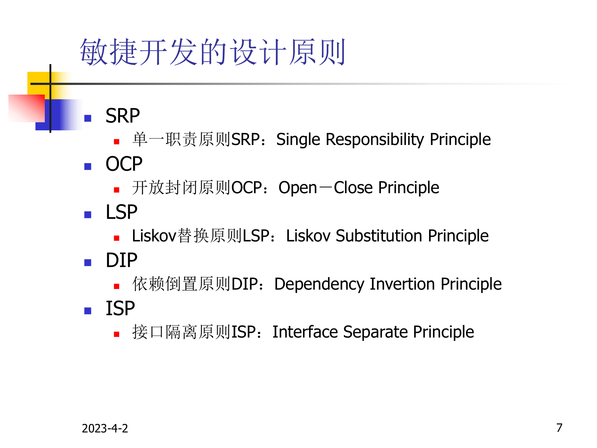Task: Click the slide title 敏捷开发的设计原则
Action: (212, 52)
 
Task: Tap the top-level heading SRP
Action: (123, 116)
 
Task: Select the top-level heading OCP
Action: (124, 164)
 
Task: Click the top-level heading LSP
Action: (121, 212)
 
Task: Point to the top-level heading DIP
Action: (121, 260)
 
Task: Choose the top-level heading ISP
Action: (120, 309)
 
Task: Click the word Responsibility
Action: (375, 139)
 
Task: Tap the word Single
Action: (298, 139)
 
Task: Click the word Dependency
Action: (319, 284)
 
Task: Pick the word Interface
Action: (305, 332)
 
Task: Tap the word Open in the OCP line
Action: (298, 188)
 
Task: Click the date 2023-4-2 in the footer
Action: (105, 428)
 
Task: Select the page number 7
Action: (559, 428)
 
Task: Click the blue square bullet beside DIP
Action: (88, 263)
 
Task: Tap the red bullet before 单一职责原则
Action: (117, 142)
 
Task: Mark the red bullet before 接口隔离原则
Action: (117, 334)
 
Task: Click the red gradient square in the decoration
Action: (26, 108)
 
